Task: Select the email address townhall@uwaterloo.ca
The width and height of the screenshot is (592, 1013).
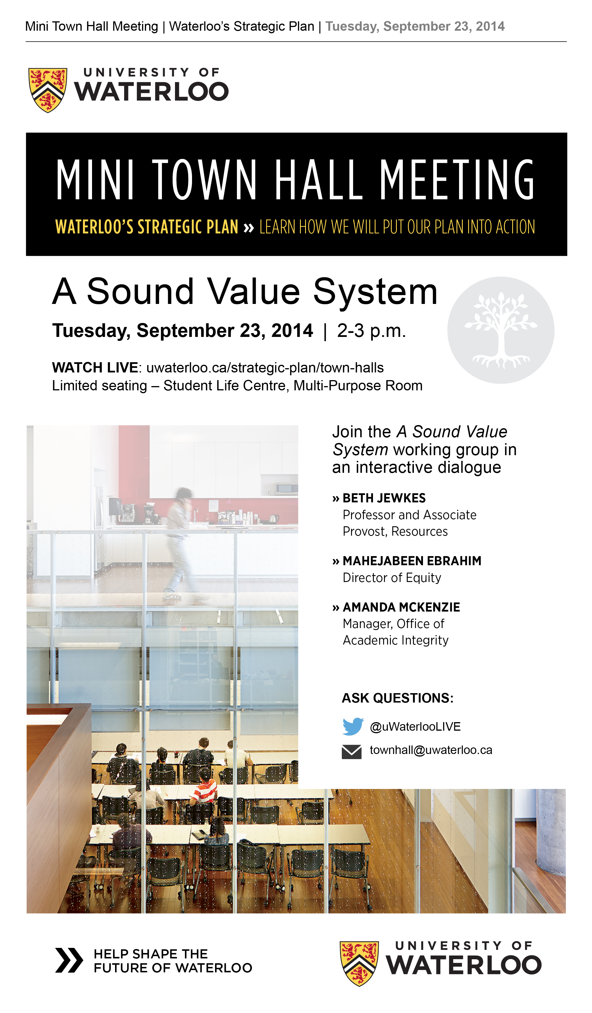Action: point(431,750)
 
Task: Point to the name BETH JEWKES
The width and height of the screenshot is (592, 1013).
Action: point(384,498)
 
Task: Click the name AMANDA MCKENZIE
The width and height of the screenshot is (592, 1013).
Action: point(401,607)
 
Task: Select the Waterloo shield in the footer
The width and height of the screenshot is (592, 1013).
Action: point(359,963)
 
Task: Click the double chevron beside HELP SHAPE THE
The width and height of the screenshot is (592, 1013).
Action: point(69,960)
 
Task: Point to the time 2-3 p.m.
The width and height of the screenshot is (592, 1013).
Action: point(372,331)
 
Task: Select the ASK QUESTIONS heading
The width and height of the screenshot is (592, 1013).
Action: point(397,698)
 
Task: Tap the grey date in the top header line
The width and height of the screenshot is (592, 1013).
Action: point(415,26)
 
